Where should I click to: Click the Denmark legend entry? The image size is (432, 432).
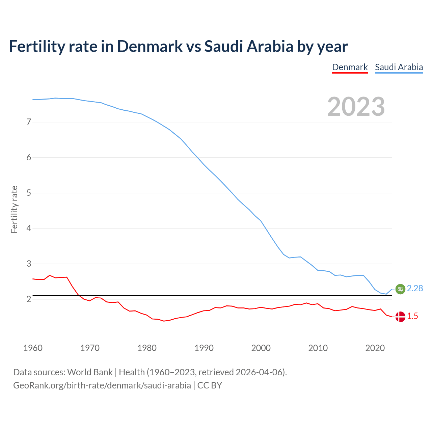pos(350,67)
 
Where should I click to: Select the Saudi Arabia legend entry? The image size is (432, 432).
pos(399,67)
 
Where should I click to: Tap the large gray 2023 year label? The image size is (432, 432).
pos(356,107)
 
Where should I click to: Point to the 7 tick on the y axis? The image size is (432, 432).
pos(29,122)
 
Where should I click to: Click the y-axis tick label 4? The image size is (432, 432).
pos(29,228)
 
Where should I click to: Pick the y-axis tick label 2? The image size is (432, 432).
pos(29,299)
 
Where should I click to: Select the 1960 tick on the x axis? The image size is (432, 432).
pos(33,348)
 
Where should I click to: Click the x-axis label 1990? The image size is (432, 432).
pos(204,348)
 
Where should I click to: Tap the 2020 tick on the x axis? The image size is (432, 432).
pos(375,348)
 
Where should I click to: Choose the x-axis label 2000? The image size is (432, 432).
pos(261,348)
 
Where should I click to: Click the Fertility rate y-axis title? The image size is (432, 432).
pos(14,209)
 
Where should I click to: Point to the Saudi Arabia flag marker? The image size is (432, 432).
pos(400,289)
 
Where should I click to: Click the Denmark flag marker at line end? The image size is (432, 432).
pos(400,317)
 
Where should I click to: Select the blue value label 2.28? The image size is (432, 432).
pos(415,288)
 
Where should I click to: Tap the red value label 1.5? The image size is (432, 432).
pos(412,316)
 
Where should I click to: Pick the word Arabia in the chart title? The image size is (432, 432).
pos(270,46)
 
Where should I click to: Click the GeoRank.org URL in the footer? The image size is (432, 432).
pos(102,385)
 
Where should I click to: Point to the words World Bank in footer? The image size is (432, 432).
pos(90,372)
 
